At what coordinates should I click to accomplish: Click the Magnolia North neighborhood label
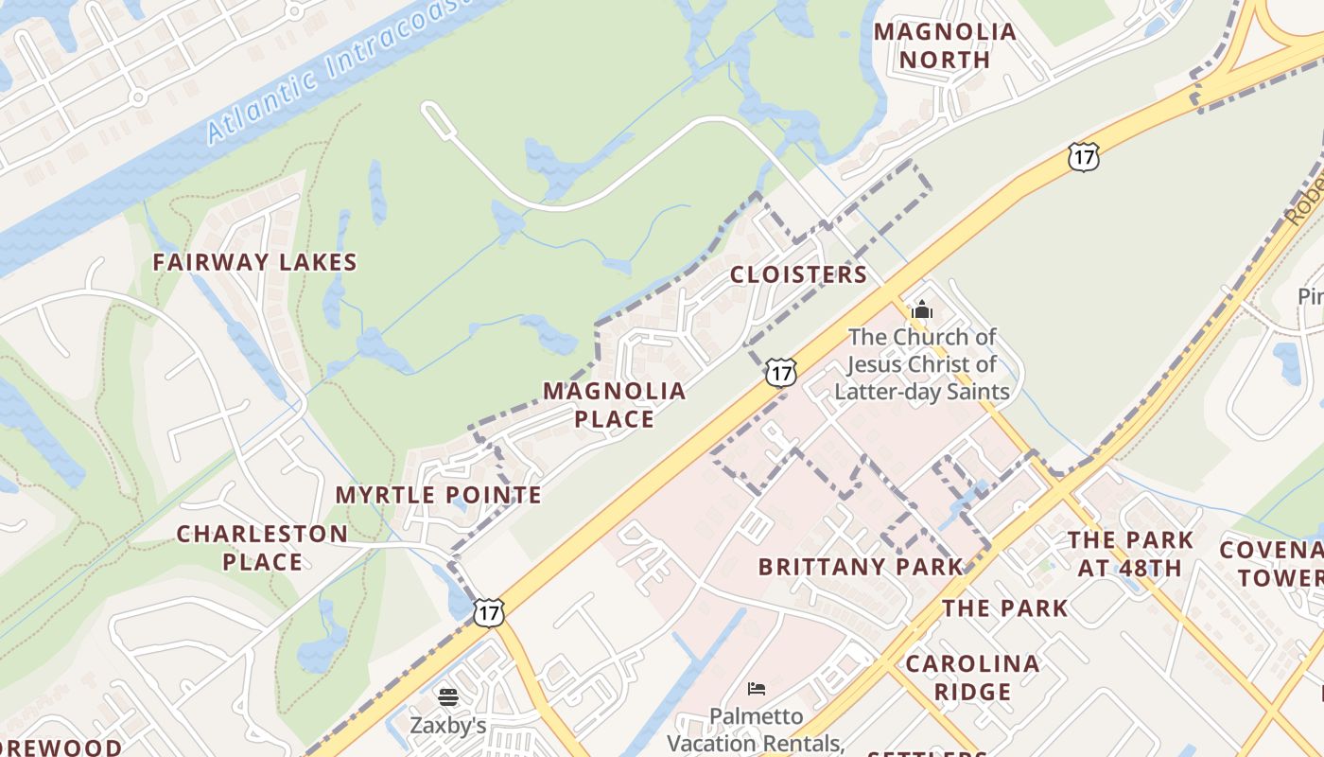pos(945,45)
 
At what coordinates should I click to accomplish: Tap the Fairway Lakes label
pos(255,262)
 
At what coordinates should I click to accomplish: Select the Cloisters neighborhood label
pos(798,274)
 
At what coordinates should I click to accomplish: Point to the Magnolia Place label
pos(614,405)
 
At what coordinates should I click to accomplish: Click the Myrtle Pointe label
pos(438,495)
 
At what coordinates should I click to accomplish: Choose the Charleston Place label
pos(262,548)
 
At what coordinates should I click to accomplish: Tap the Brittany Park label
pos(861,567)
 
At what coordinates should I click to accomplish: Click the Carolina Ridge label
pos(972,678)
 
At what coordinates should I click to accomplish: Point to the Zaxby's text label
pos(447,726)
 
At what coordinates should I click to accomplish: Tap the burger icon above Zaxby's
pos(448,698)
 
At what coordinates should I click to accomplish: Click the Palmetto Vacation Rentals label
pos(757,729)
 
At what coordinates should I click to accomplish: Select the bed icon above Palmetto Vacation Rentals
pos(756,688)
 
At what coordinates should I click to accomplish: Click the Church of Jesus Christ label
pos(922,364)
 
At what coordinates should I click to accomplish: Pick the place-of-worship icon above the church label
pos(921,309)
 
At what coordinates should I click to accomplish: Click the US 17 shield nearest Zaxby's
pos(488,612)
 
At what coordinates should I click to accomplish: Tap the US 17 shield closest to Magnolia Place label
pos(780,373)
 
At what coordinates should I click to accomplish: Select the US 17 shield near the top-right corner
pos(1083,157)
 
